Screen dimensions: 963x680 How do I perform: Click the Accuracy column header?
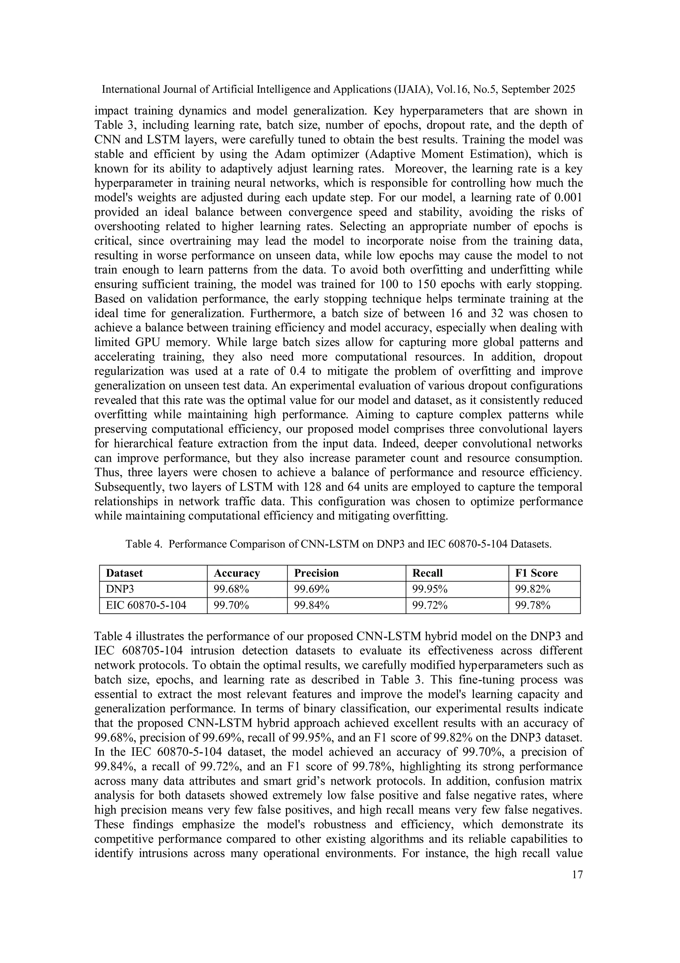point(237,573)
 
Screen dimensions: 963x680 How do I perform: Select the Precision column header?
point(316,573)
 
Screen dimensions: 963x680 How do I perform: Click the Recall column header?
point(427,573)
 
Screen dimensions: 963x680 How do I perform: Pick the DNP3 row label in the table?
point(120,589)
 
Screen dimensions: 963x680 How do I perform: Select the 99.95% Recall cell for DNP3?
point(430,589)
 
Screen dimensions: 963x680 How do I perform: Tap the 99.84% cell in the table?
point(311,605)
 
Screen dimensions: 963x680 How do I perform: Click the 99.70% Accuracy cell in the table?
point(231,605)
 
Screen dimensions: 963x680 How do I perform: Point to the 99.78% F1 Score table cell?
point(532,605)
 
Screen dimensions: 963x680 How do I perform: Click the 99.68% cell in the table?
point(231,589)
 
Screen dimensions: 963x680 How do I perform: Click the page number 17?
point(577,875)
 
